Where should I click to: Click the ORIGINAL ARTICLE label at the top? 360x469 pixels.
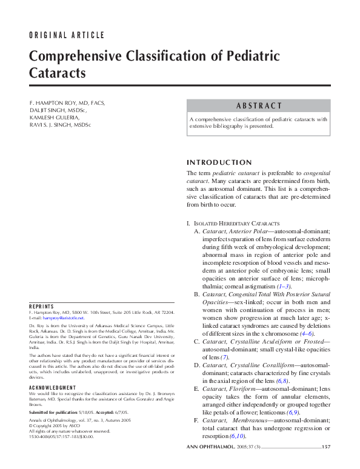pyautogui.click(x=67, y=35)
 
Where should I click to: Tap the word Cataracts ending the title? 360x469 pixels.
pyautogui.click(x=58, y=74)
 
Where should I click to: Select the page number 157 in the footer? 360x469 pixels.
pyautogui.click(x=326, y=447)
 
